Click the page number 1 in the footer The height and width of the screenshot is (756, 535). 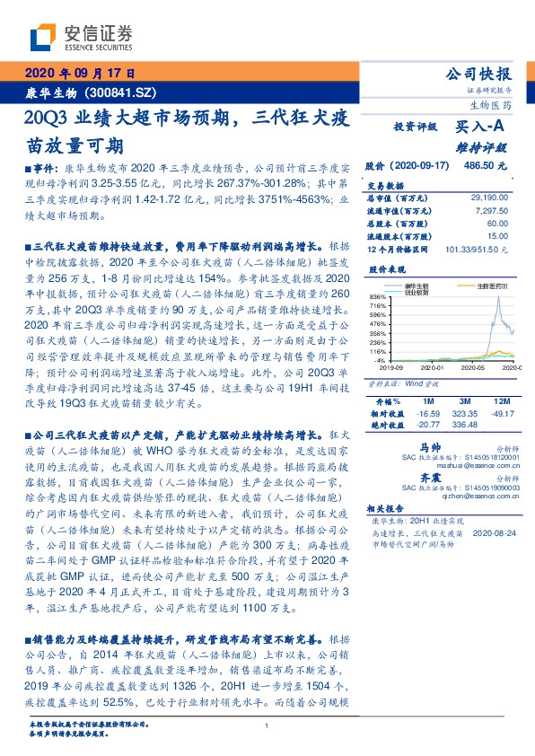pyautogui.click(x=267, y=725)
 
